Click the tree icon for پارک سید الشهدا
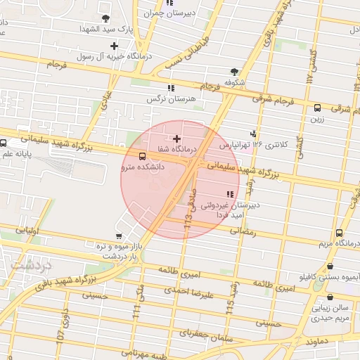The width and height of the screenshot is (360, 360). click(105, 18)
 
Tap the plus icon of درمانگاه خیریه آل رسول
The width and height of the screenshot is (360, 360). click(114, 46)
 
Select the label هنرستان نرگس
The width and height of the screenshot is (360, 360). click(171, 100)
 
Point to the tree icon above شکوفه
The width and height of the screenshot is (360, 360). click(234, 72)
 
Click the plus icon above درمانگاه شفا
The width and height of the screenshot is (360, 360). click(176, 139)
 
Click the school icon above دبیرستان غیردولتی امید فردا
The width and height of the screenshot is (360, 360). click(229, 194)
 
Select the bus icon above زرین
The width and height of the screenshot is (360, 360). click(317, 108)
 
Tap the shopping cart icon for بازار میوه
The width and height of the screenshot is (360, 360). click(118, 237)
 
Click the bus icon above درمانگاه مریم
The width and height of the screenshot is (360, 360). click(340, 233)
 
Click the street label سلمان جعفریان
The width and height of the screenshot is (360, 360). click(214, 337)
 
